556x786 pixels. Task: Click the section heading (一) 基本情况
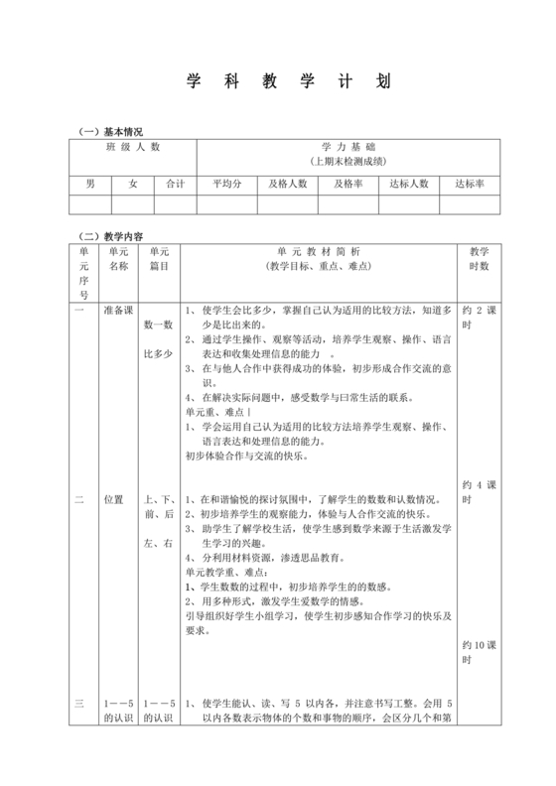[111, 131]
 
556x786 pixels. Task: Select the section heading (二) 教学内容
[111, 236]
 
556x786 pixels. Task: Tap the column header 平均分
[227, 184]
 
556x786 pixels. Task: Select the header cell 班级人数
[133, 147]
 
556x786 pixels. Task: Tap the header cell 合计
[176, 184]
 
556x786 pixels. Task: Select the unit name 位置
[114, 499]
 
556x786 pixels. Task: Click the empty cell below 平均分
[227, 204]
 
